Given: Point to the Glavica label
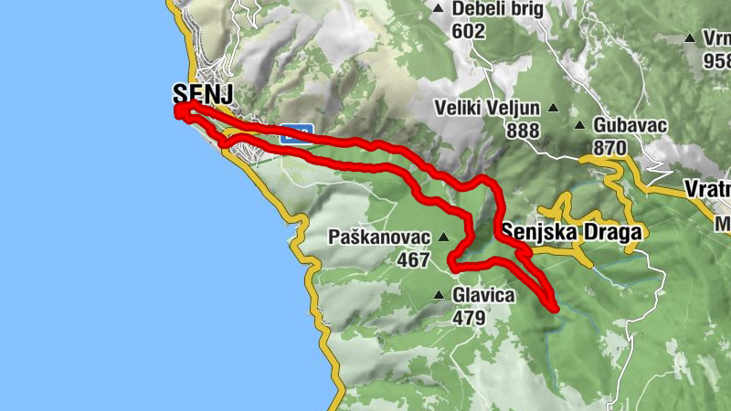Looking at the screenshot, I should (483, 296).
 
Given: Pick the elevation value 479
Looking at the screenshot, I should (468, 317).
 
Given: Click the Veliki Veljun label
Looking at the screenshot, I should (487, 109).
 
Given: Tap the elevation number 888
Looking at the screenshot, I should (523, 130).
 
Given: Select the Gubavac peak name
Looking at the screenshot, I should (630, 125).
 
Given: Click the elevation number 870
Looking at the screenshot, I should (609, 147).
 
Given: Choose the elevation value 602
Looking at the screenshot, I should (467, 30).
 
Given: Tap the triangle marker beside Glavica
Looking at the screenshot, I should (440, 295).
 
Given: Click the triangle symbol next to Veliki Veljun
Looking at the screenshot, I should (552, 108).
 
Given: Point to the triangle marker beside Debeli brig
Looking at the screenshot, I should (439, 9).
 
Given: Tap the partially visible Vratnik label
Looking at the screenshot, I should (707, 190).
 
